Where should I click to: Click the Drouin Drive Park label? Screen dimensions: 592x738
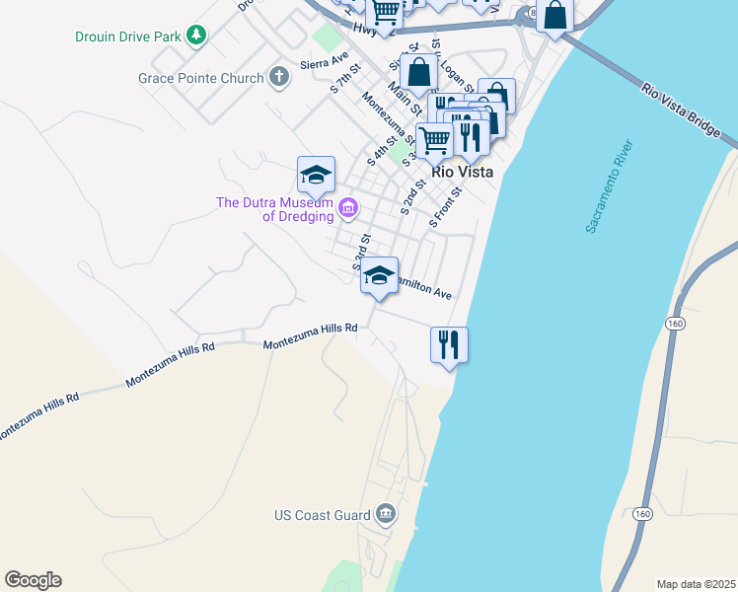(128, 37)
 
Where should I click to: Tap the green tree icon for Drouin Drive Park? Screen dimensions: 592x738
(197, 36)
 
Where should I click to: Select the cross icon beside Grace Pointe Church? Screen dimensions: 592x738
(279, 77)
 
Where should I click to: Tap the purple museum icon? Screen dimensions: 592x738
(347, 208)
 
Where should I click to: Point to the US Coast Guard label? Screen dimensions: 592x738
(322, 515)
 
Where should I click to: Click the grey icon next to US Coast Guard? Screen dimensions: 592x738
(386, 514)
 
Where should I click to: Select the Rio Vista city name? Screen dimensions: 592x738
(462, 172)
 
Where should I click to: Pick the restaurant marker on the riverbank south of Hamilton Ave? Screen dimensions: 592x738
(449, 344)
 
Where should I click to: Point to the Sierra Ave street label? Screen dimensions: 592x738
(331, 59)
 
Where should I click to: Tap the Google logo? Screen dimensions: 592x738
(33, 580)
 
